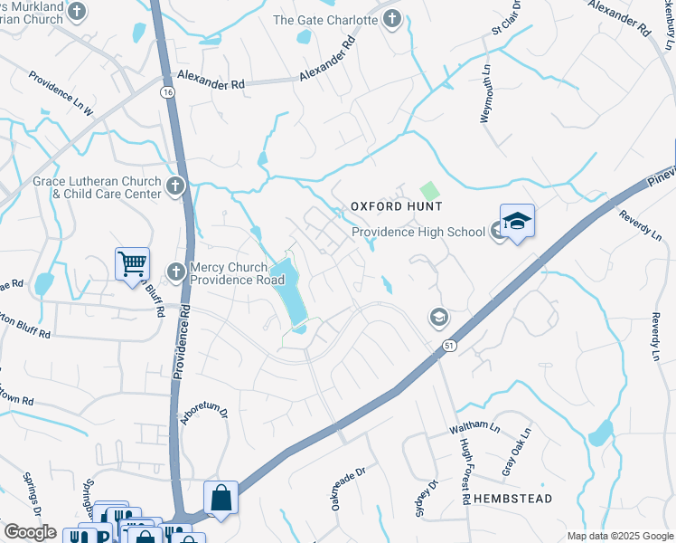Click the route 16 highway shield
(168, 92)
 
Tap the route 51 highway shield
(449, 345)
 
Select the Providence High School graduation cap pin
(516, 221)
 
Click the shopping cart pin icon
(132, 265)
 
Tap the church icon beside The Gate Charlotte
(392, 20)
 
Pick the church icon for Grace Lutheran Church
(175, 186)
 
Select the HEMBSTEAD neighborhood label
(514, 499)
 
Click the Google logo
(30, 532)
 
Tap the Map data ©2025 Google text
(620, 536)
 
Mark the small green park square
(428, 191)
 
